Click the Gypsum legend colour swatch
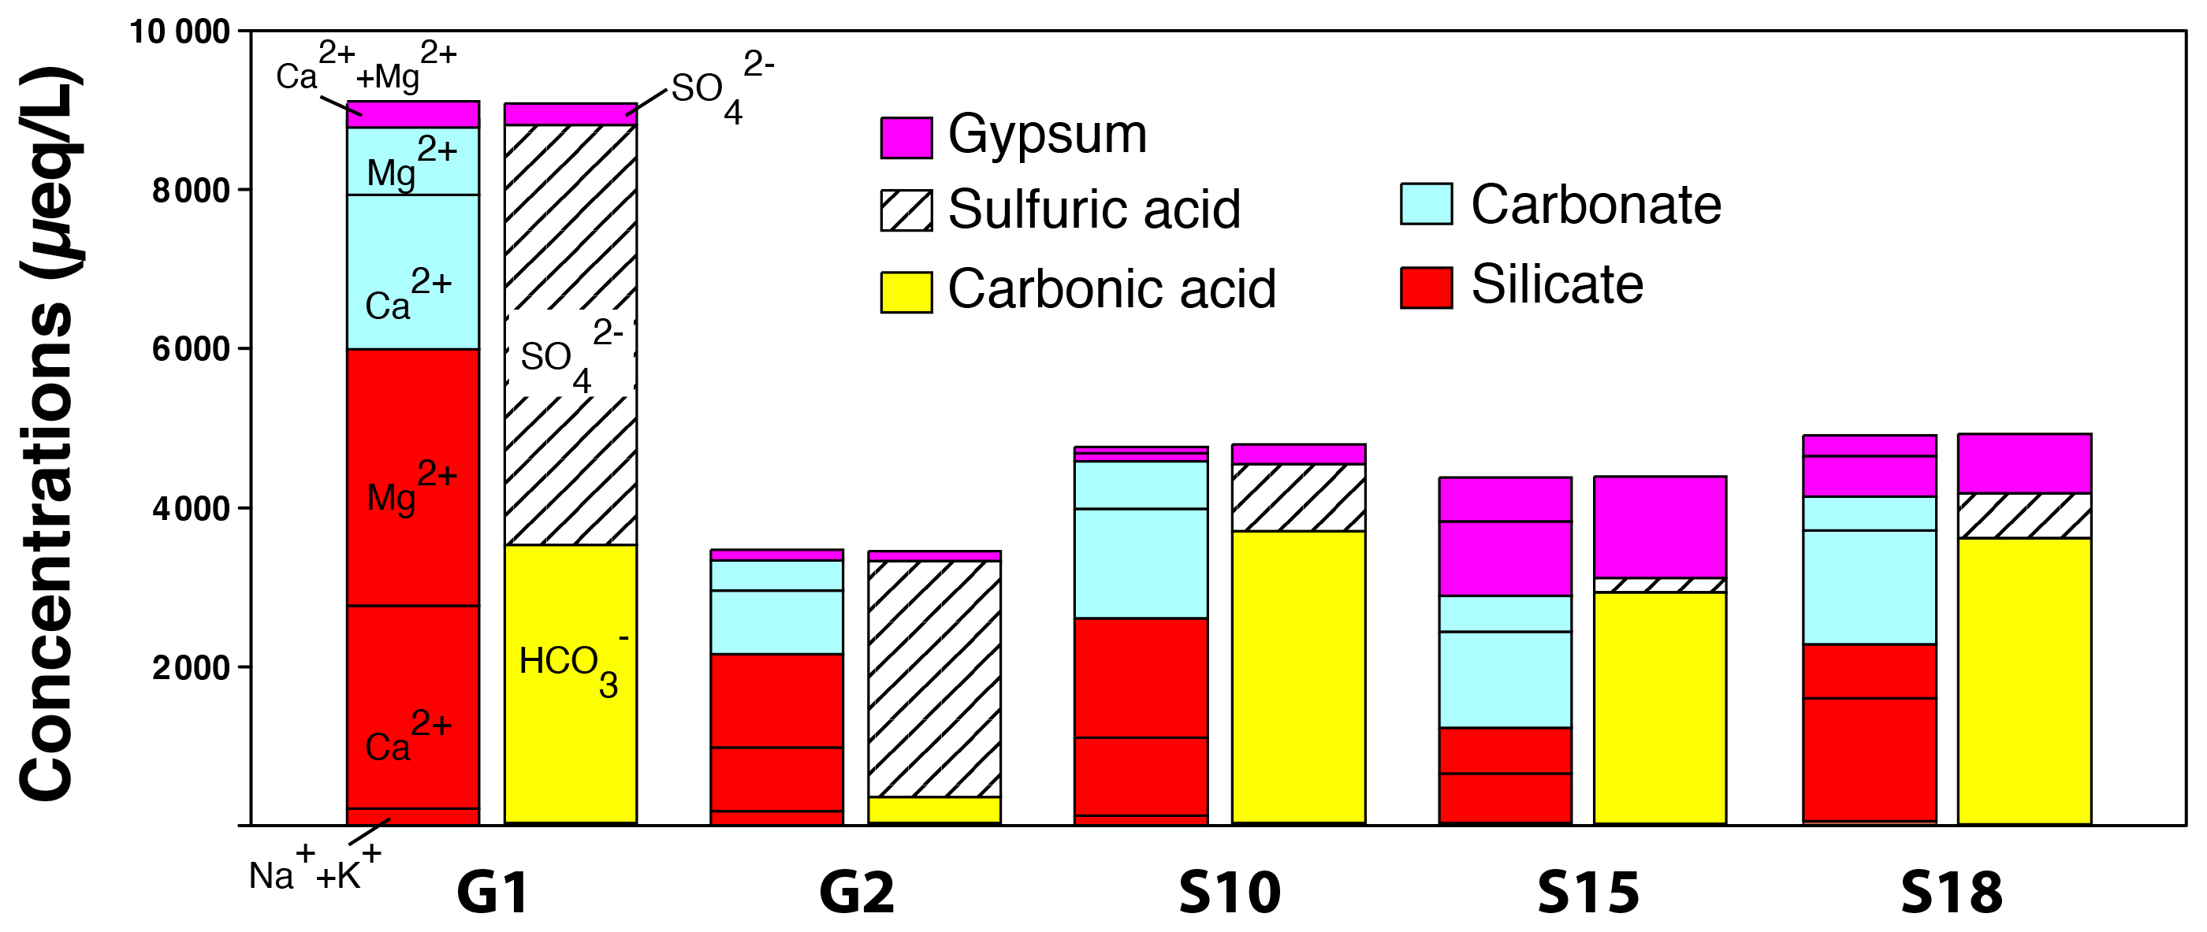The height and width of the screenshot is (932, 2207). click(906, 138)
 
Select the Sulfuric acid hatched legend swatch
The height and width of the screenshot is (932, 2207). click(906, 210)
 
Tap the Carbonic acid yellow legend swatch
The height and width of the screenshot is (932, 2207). click(906, 292)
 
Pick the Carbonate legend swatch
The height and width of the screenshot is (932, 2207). click(1426, 204)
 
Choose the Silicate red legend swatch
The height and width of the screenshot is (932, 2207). click(1426, 287)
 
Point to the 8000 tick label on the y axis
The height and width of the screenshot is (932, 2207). click(191, 190)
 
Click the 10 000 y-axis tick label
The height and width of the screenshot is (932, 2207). click(179, 32)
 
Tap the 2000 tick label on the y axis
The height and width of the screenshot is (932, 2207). click(191, 667)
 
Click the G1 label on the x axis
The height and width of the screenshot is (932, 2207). click(493, 893)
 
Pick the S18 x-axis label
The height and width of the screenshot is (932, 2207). click(1952, 893)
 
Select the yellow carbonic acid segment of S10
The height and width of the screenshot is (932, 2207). click(1298, 677)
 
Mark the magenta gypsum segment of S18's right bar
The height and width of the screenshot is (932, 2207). click(2024, 463)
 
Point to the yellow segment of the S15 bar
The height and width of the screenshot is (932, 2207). click(1659, 707)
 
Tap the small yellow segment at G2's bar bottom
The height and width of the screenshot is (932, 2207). click(934, 810)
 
